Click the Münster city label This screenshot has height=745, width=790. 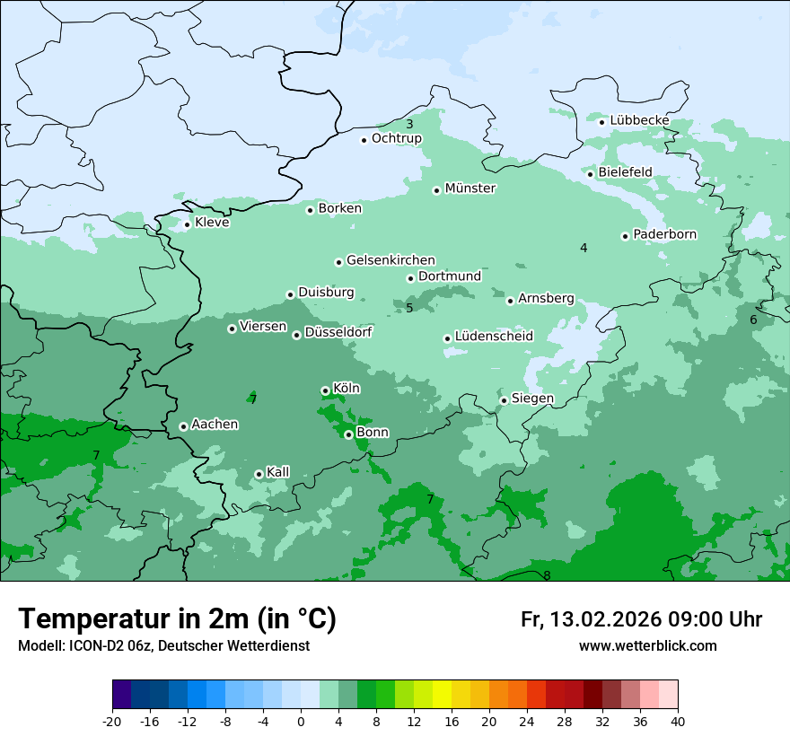tap(470, 188)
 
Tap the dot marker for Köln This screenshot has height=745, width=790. tap(325, 390)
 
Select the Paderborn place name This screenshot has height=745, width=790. tap(664, 234)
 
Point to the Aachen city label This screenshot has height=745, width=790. tap(215, 425)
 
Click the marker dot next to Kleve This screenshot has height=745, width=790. tap(188, 224)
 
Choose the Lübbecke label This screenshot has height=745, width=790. tap(639, 120)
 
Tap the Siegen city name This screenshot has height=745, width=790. tap(532, 399)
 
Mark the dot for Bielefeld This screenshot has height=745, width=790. tap(591, 173)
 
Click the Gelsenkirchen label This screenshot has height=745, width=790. tap(391, 260)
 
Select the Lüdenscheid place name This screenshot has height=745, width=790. tap(494, 337)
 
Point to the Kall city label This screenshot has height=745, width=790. tap(278, 472)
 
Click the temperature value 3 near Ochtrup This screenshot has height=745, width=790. tap(409, 125)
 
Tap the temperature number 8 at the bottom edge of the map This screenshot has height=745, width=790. tap(547, 575)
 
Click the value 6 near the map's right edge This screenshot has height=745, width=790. tap(753, 320)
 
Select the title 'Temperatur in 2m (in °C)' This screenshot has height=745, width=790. tap(177, 618)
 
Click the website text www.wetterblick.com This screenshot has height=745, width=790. tap(647, 646)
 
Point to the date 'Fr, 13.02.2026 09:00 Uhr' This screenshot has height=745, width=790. tap(641, 619)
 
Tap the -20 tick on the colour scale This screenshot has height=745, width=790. tap(112, 722)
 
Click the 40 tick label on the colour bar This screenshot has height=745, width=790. tap(677, 722)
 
